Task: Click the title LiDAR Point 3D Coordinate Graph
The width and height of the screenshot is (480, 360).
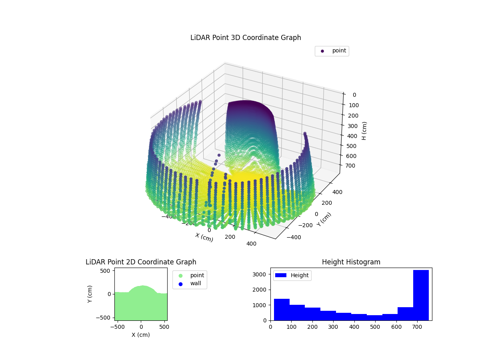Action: point(246,38)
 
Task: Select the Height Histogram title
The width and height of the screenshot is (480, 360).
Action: point(351,262)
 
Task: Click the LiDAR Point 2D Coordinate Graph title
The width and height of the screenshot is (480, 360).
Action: point(141,262)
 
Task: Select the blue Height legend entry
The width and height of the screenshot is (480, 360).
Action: point(292,275)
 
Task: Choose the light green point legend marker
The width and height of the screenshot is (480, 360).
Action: point(180,276)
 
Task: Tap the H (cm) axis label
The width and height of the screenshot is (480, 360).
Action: point(364,131)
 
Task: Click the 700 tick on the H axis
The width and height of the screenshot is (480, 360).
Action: point(353,166)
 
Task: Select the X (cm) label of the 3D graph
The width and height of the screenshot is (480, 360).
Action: point(204,237)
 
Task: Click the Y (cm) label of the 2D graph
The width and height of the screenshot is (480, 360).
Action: point(90,294)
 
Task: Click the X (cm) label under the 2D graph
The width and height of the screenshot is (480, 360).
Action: point(141,335)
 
